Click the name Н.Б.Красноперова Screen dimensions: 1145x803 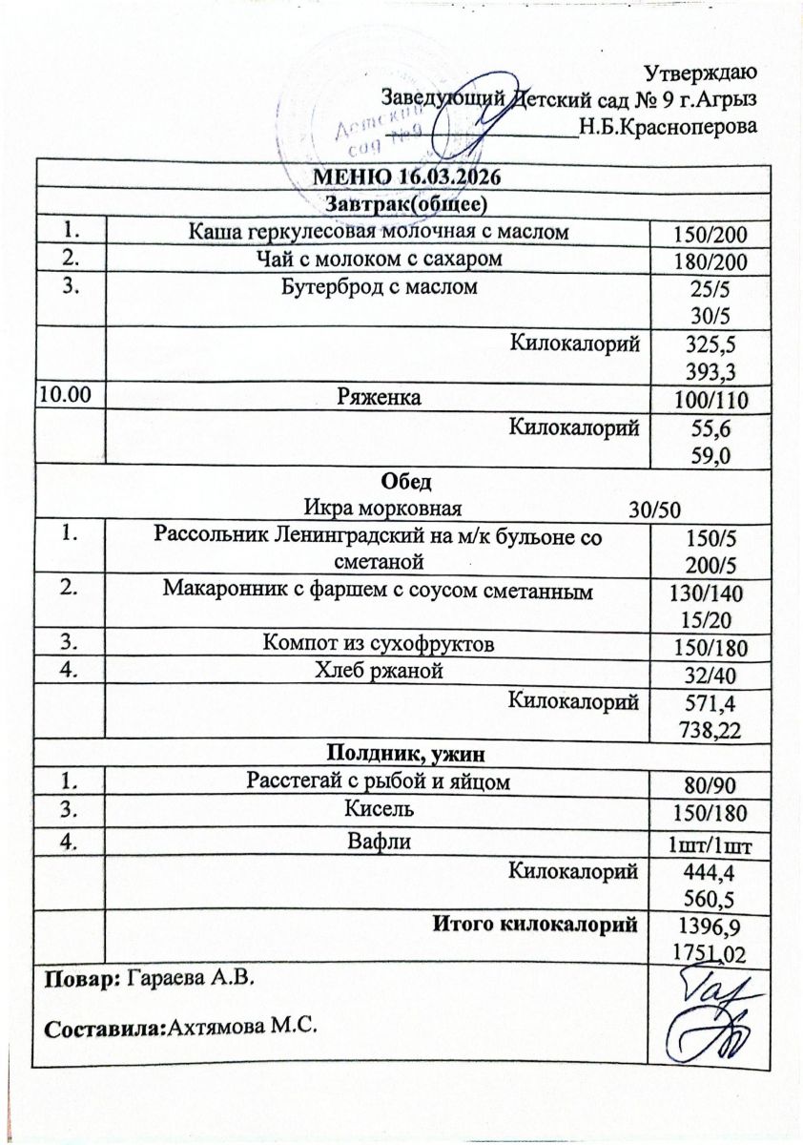click(x=668, y=126)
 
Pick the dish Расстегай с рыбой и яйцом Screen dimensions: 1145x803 click(x=377, y=781)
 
